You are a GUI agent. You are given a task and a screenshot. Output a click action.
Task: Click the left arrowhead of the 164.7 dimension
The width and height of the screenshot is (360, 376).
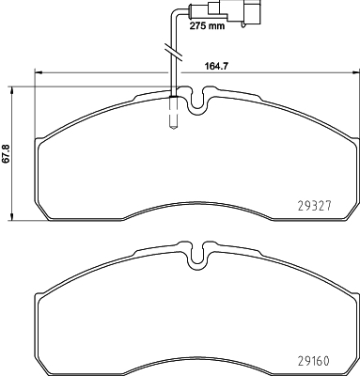pyautogui.click(x=39, y=73)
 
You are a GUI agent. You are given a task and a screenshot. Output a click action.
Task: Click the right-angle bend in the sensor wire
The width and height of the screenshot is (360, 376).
pyautogui.click(x=170, y=13)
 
